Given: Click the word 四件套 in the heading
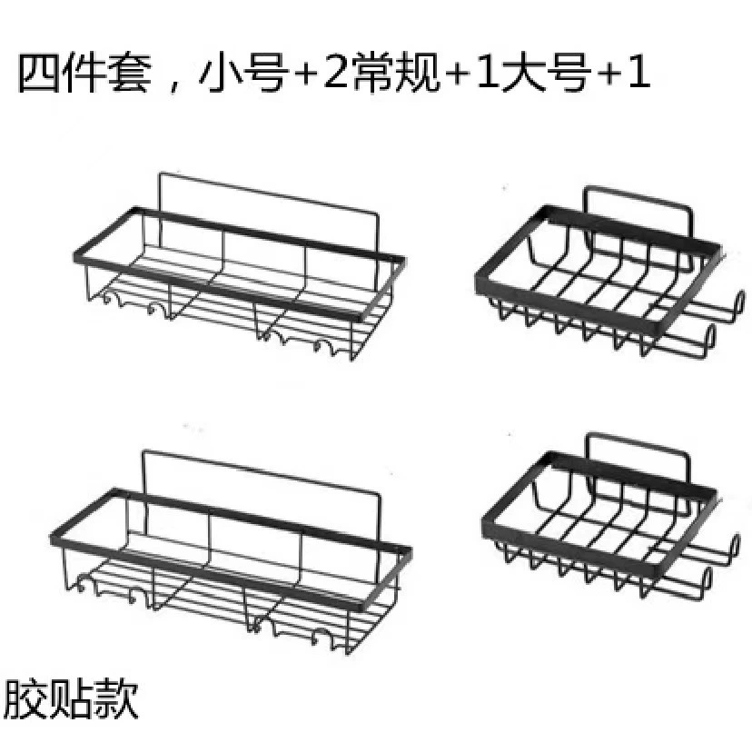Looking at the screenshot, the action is [84, 74].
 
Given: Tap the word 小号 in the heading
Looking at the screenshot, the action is [243, 74].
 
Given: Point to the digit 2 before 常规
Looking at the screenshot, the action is [335, 74].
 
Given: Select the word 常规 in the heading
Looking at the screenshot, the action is [396, 74].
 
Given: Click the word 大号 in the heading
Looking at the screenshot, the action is [546, 74].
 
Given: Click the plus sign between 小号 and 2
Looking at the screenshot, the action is [305, 74].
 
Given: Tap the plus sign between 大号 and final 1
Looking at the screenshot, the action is [609, 74].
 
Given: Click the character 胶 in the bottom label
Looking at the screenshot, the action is [24, 698].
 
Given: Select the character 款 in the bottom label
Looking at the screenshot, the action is [116, 698].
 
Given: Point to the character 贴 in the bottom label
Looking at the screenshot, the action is [70, 698].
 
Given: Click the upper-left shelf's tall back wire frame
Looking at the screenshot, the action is [269, 193].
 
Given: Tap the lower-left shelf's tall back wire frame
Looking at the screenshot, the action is [262, 471].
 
